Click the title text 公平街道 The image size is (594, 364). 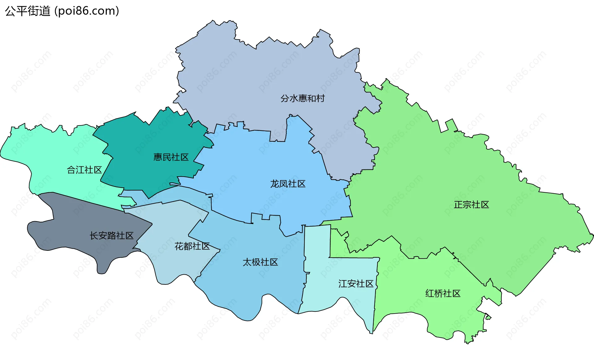point(28,11)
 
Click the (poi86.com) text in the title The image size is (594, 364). point(87,11)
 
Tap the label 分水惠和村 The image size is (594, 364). point(302,98)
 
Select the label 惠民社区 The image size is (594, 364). point(171,157)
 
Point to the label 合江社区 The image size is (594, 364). point(84,170)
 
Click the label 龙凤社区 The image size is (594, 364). point(288,184)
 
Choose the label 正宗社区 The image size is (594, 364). point(471,205)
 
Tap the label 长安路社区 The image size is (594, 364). point(111,236)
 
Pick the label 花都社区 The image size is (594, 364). point(192,246)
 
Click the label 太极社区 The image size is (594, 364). point(260,262)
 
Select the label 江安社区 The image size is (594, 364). point(356,284)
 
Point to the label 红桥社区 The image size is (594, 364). point(443,293)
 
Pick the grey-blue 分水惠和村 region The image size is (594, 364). point(247,77)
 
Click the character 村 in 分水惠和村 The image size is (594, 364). point(321,98)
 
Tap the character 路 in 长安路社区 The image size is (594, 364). point(111,236)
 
